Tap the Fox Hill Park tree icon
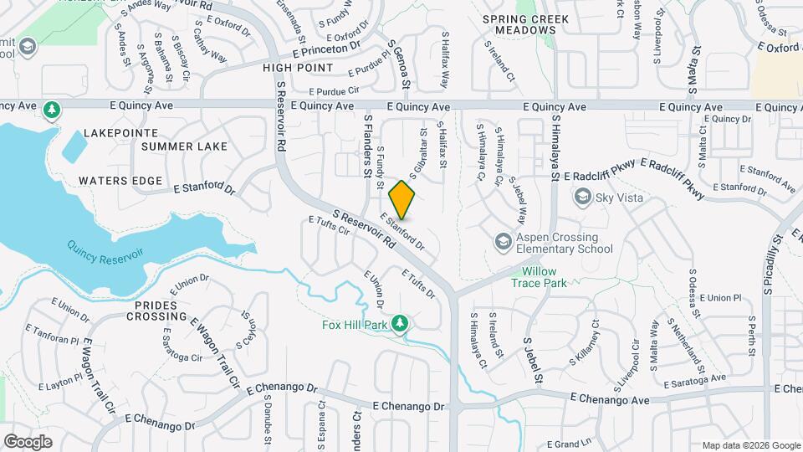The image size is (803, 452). tap(400, 323)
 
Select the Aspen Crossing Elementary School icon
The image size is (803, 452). tap(503, 242)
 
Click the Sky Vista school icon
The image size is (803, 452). tap(581, 198)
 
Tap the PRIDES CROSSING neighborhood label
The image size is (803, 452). tap(156, 311)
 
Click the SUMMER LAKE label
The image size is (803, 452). tap(184, 146)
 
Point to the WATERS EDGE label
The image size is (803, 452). tap(120, 181)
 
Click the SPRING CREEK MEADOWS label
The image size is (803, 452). tap(526, 24)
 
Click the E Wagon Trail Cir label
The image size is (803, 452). tap(216, 352)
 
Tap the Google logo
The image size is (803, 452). tap(28, 441)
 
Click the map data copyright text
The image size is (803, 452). tap(749, 445)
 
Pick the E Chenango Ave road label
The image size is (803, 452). tap(606, 398)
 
